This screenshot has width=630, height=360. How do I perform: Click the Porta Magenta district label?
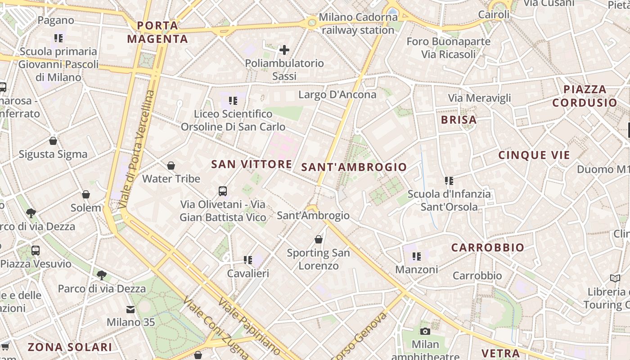(157, 32)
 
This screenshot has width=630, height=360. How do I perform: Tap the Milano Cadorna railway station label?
(358, 24)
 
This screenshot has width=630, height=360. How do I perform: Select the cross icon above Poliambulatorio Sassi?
(284, 50)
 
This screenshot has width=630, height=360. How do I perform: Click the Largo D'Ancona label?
(337, 94)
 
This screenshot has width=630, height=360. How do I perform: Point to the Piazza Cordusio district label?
(585, 96)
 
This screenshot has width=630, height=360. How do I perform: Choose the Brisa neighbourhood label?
(459, 120)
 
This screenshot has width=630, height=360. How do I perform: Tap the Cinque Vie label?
(534, 155)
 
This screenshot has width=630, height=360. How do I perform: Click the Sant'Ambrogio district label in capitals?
(354, 167)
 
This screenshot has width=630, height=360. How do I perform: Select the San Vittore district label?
(252, 164)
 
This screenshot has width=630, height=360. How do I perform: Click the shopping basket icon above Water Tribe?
(171, 166)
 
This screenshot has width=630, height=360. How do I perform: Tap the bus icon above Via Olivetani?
(223, 191)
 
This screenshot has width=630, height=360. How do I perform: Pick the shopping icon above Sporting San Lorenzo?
(319, 239)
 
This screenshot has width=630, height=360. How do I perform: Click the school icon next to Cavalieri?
(247, 260)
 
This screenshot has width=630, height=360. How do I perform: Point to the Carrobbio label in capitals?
(487, 247)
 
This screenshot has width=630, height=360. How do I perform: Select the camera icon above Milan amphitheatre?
(425, 332)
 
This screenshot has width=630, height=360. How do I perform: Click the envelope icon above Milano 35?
(130, 310)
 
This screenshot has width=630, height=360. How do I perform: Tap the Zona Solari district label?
(70, 347)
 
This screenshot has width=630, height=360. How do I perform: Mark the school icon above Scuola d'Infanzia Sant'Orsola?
(449, 181)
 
